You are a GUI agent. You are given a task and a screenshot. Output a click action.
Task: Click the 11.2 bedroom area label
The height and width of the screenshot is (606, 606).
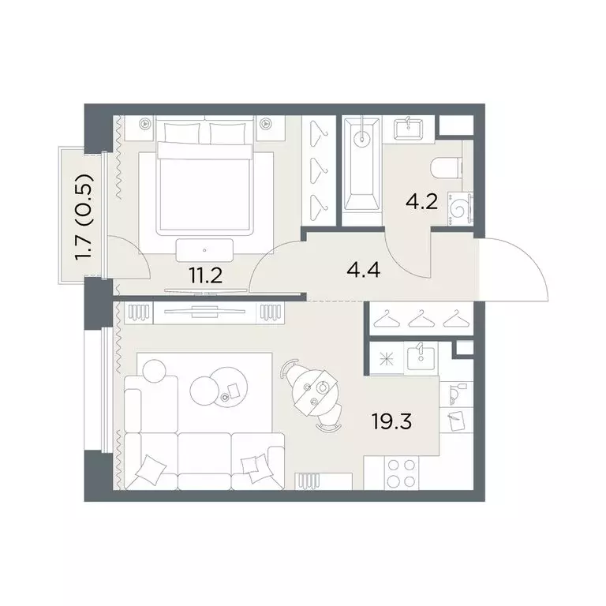[205, 276]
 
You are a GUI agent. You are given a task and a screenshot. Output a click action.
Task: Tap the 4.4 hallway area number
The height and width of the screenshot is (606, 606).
[363, 269]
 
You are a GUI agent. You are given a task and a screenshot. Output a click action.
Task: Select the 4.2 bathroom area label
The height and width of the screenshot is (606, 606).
[421, 202]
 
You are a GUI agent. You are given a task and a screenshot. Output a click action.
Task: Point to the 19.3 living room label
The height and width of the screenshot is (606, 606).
[392, 421]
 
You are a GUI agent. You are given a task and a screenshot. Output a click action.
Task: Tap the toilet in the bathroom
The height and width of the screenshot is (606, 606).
[447, 169]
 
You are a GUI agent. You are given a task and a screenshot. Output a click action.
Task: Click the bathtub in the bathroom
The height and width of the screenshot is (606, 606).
[361, 165]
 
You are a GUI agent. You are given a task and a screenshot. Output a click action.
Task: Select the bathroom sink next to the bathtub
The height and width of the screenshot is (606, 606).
[409, 129]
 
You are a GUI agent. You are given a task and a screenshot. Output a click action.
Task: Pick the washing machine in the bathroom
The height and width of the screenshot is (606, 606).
[460, 208]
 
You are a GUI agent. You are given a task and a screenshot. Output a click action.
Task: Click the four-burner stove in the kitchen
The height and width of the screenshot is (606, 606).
[401, 473]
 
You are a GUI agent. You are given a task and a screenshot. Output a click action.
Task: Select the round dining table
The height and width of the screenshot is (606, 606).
[316, 392]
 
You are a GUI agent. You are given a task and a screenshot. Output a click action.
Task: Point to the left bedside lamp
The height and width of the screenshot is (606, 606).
[145, 124]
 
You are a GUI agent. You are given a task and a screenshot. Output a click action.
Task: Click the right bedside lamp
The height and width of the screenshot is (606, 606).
[266, 124]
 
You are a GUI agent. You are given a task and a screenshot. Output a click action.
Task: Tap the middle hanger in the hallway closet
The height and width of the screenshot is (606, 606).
[421, 319]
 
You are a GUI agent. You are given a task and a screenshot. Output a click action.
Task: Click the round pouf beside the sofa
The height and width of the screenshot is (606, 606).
[154, 371]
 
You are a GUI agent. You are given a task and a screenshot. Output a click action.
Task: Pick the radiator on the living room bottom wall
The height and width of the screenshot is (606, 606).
[309, 481]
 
